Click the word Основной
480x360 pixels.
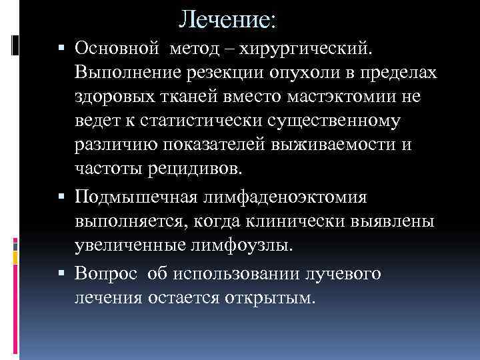pyautogui.click(x=117, y=48)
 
